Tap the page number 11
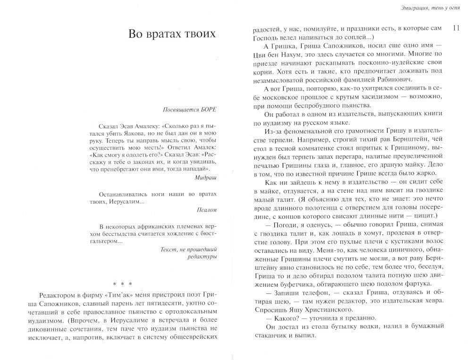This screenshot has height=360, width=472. [x=455, y=28]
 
